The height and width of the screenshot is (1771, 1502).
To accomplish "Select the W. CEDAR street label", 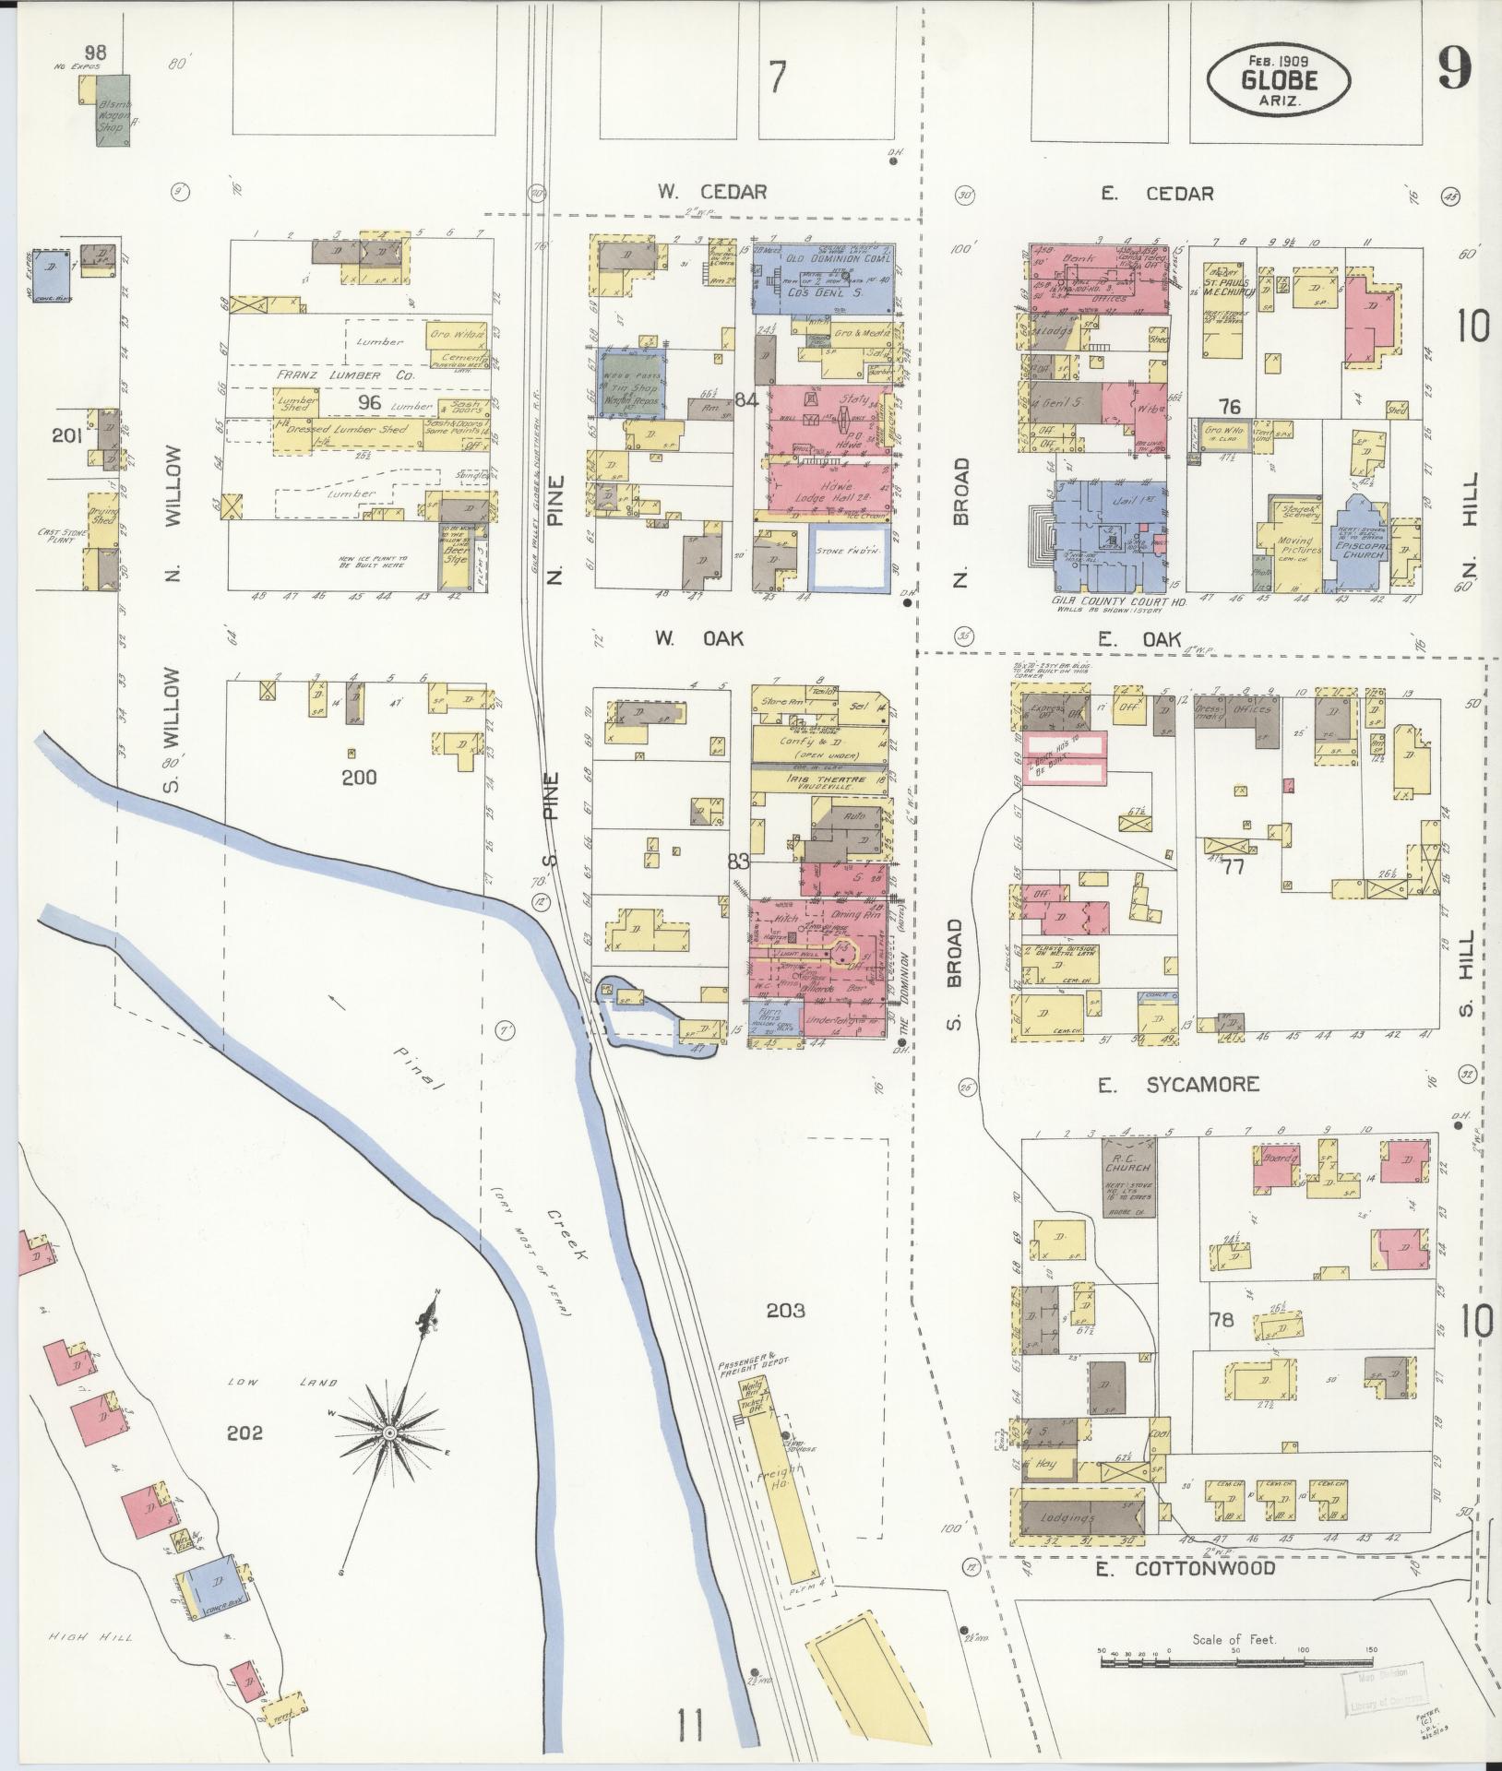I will (x=711, y=192).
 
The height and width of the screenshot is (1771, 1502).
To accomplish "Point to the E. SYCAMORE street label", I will (x=1178, y=1085).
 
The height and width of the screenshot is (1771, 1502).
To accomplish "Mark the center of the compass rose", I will (x=390, y=1458).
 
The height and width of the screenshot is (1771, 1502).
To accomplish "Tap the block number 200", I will (x=359, y=777).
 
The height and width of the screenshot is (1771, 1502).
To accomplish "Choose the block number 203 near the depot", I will (x=785, y=1310).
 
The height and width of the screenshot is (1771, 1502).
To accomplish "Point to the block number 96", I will (x=369, y=403).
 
